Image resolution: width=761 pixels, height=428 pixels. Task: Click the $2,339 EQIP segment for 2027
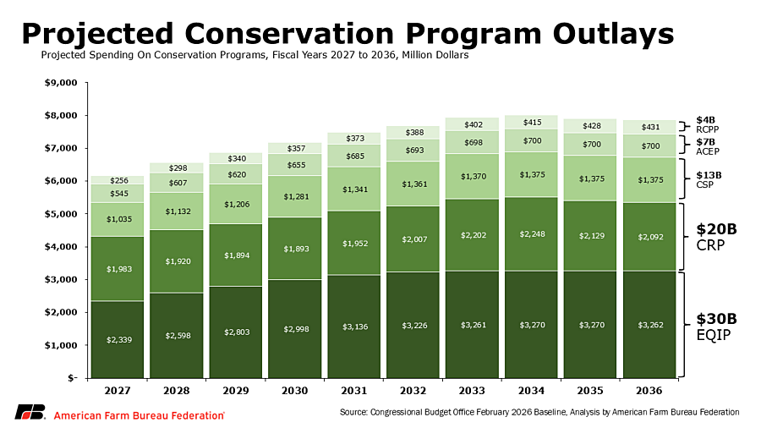pos(118,339)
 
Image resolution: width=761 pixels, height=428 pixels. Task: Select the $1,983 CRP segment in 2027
pos(118,269)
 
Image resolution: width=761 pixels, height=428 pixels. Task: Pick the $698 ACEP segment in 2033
pos(473,142)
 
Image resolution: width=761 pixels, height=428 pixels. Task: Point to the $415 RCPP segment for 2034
pos(532,122)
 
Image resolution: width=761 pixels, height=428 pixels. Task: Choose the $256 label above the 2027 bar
pos(118,180)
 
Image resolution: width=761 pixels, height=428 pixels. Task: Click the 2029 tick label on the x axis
pos(237,391)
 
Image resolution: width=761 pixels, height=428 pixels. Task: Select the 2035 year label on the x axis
pos(591,391)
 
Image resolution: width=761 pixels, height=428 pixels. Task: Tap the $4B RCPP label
pos(707,124)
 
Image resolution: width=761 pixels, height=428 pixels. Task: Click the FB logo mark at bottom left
pos(30,413)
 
